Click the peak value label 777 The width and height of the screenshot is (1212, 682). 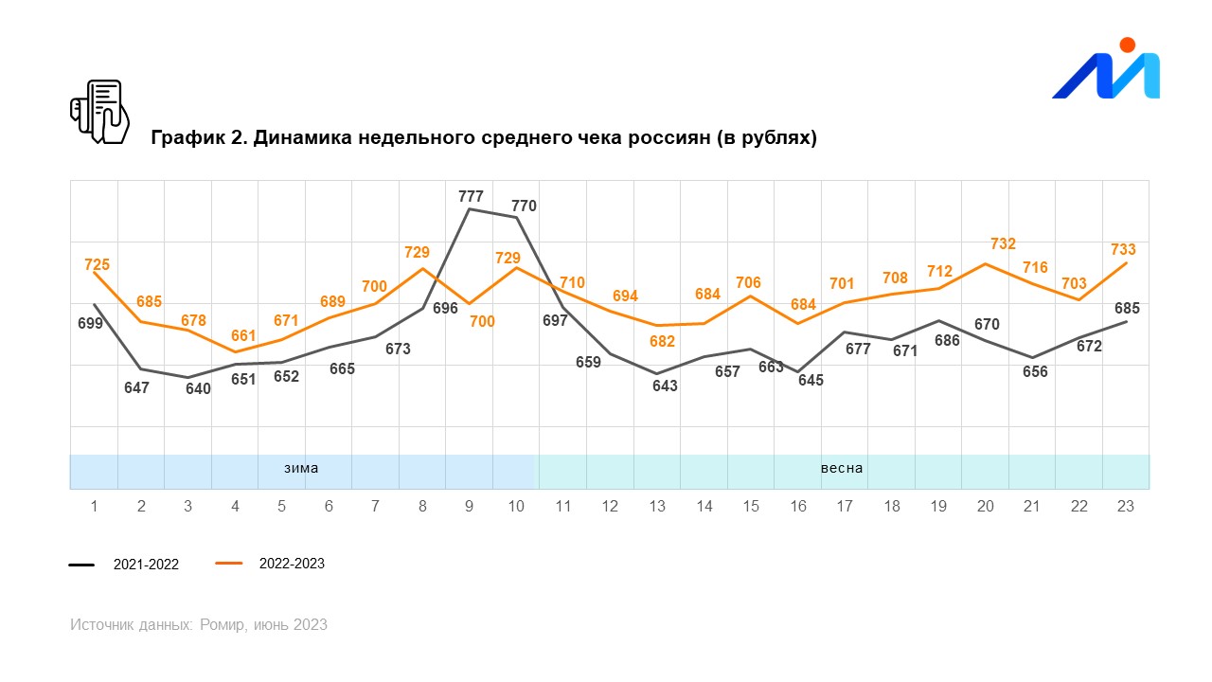pos(471,197)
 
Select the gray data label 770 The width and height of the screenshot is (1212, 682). pos(524,206)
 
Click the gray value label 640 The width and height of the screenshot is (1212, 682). pos(198,388)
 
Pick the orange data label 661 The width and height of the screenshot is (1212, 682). pos(243,335)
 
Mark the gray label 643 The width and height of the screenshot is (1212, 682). pos(665,386)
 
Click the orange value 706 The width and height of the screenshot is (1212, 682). pos(748,282)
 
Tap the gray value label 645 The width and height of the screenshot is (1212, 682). pos(811,380)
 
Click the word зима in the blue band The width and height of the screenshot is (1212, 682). pos(301,468)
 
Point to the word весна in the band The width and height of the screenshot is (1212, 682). pos(842,468)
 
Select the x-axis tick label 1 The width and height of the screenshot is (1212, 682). pos(95,506)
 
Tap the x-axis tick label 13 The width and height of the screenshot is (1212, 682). pos(656,506)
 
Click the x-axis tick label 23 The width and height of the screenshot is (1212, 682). pos(1126,506)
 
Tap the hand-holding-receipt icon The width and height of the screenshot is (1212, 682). pos(99,111)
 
